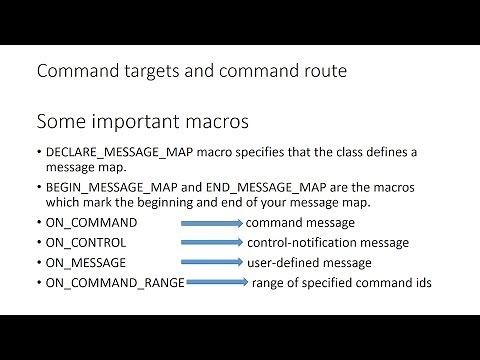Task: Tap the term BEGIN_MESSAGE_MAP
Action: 106,185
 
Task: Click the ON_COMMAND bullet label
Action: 91,222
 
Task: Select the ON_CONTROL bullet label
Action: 89,242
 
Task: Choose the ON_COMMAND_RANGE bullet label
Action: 115,283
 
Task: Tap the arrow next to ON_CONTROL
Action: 212,242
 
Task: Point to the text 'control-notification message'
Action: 327,242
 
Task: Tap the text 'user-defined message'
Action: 309,262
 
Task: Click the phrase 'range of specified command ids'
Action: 341,283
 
